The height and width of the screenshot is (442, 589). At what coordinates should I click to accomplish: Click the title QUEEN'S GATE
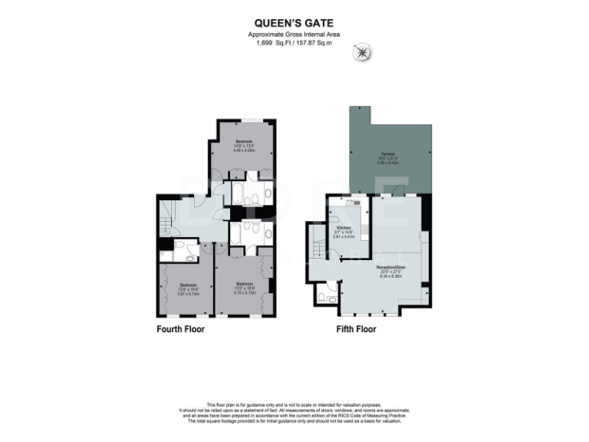tap(294, 25)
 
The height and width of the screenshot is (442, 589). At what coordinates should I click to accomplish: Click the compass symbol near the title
tap(360, 53)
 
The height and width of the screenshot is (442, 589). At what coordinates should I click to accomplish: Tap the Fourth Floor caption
tap(180, 329)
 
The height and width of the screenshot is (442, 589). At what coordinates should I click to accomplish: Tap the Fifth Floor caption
tap(356, 329)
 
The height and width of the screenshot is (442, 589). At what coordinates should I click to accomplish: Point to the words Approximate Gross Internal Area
tap(294, 35)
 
